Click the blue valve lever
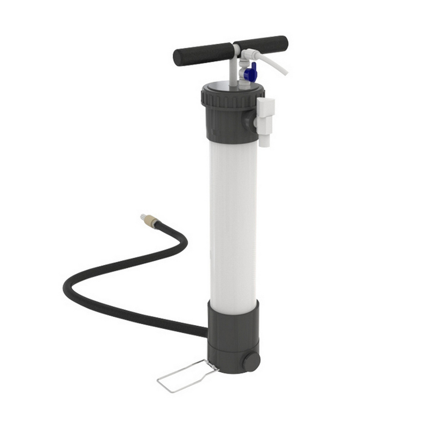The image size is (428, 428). (x=249, y=71)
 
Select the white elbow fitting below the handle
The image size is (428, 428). (x=247, y=55)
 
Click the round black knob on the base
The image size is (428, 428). (x=251, y=362)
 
